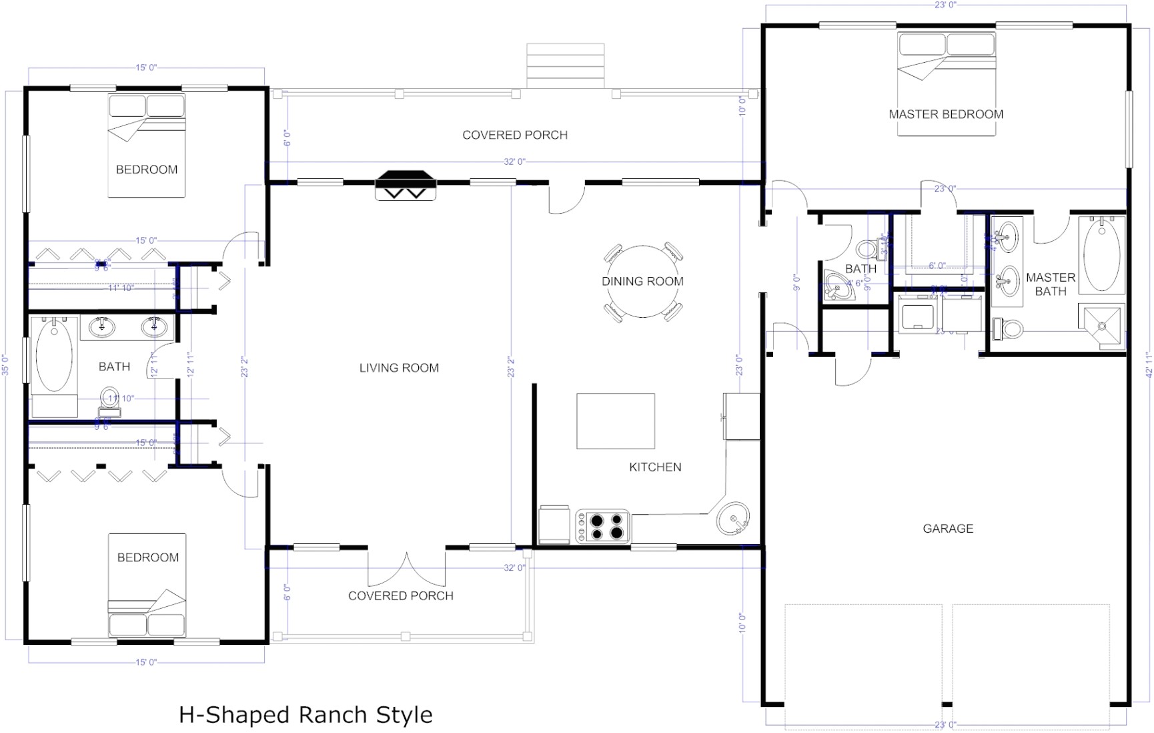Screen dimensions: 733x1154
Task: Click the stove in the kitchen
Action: (603, 527)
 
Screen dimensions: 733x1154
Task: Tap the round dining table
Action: (643, 282)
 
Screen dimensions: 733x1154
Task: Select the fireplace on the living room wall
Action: (404, 185)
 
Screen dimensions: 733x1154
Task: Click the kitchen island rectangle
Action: (615, 421)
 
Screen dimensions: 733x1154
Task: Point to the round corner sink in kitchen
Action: (733, 518)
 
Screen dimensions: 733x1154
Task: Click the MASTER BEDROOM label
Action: (945, 114)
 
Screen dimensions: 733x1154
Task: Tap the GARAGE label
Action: (947, 529)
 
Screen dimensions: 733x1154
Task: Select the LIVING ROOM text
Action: (399, 368)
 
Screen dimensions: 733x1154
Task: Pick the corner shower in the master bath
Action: (1102, 326)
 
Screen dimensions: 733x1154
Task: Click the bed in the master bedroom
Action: (946, 83)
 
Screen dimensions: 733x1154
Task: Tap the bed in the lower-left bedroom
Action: (147, 585)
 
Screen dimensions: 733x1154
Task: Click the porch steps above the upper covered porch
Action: (565, 65)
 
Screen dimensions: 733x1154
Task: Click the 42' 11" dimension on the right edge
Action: (1148, 364)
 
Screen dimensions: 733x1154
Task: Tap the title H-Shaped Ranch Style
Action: (306, 715)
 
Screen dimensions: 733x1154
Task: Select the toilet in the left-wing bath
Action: (109, 401)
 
